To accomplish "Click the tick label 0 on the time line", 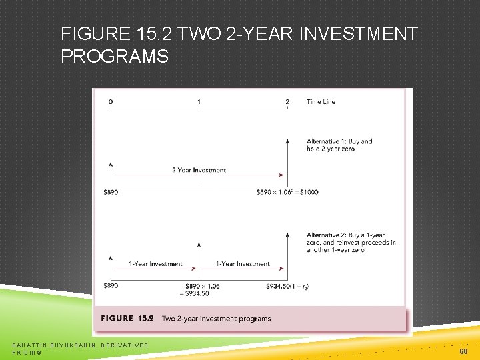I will point(111,102).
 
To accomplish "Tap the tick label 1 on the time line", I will point(199,102).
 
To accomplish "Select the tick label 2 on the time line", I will point(287,102).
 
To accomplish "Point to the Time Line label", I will point(321,102).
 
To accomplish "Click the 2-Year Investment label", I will point(199,170).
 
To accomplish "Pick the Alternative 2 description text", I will point(351,242).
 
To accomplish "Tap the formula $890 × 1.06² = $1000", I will point(287,192).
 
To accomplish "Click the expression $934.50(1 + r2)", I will point(287,285).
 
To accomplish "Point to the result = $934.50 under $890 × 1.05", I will point(195,293).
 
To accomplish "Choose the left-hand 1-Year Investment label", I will point(155,264).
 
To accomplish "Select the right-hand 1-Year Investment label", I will point(243,264).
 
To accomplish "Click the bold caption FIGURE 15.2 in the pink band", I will point(127,319).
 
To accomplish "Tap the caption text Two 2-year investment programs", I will point(216,319).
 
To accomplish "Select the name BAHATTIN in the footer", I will point(29,344).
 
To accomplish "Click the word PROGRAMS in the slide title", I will point(115,57).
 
